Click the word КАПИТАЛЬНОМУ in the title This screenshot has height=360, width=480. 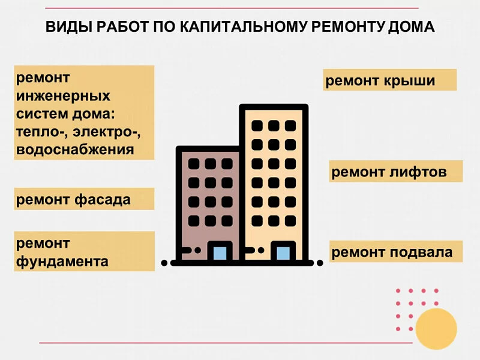point(243,26)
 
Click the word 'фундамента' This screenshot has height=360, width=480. point(62,262)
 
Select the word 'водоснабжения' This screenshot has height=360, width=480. point(75,150)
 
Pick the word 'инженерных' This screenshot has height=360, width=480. point(63,96)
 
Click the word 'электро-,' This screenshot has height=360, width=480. point(107,132)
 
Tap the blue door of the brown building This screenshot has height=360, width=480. point(220,253)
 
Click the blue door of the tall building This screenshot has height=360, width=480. point(283,253)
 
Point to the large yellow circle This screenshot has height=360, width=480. point(436,329)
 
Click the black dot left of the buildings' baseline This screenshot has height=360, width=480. point(164,263)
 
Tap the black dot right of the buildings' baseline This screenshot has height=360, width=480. point(320,263)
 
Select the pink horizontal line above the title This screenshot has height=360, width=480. point(232,8)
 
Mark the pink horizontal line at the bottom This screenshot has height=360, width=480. point(226,343)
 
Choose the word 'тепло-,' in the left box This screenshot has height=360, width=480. point(42,132)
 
